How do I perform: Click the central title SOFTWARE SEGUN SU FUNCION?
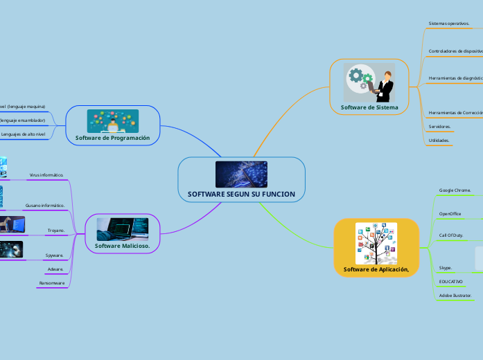tap(241, 194)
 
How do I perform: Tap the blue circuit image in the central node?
tap(241, 174)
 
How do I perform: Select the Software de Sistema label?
tap(369, 107)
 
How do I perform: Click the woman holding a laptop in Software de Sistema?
tap(383, 84)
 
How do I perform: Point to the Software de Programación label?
tap(112, 138)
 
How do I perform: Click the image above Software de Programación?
tap(112, 120)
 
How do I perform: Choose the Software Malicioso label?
tap(122, 246)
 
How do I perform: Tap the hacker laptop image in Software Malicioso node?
tap(122, 228)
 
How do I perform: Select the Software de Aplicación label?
tap(376, 269)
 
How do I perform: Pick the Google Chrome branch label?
tap(455, 190)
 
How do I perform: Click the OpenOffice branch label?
tap(450, 214)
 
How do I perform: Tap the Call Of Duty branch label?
tap(451, 236)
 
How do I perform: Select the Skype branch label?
tap(446, 267)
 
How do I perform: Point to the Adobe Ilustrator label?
tap(455, 295)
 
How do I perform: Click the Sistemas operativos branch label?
tap(448, 24)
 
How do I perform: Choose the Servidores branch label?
tap(439, 127)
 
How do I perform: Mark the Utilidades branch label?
tap(439, 141)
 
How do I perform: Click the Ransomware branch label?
tap(52, 283)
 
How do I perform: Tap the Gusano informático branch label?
tap(45, 206)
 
